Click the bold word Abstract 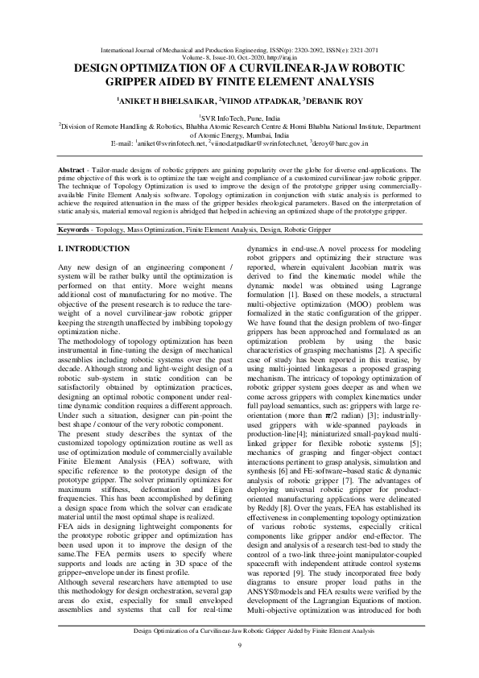tap(77, 171)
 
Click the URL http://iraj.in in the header tap(283, 56)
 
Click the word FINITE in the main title tap(267, 83)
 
